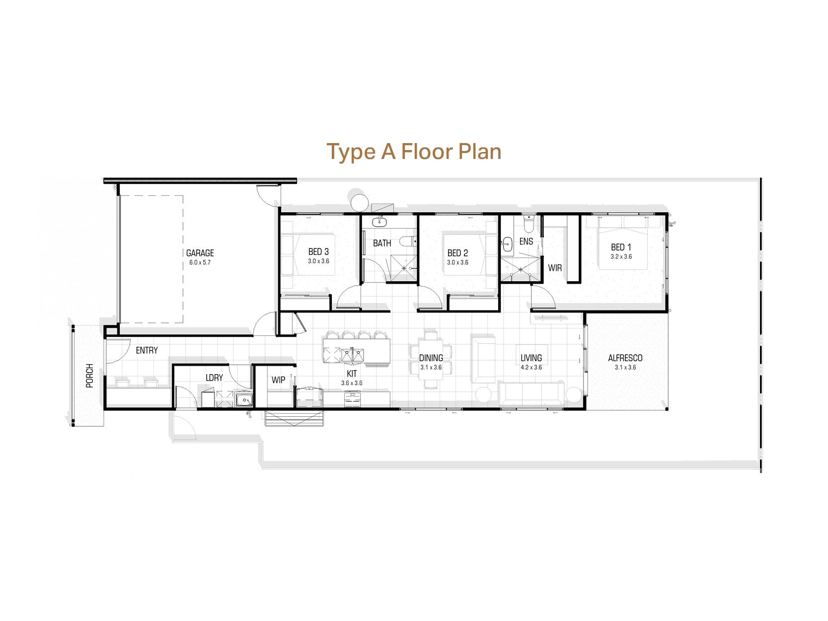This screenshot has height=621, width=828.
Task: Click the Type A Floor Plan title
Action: point(414,152)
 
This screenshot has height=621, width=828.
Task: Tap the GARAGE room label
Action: point(200,253)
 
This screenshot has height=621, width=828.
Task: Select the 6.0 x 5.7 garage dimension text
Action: point(200,262)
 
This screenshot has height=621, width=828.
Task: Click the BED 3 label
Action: point(318,252)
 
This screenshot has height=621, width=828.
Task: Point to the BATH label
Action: point(382,243)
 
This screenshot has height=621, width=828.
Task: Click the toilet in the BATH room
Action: point(409,242)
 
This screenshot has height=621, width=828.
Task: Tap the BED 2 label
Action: point(457,253)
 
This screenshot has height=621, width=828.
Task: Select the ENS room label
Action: point(526,241)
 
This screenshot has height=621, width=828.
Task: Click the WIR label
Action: point(555,268)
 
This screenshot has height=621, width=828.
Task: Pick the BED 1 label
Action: point(621,247)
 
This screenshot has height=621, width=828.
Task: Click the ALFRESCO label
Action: point(625,358)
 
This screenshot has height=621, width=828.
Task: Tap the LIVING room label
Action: point(531,358)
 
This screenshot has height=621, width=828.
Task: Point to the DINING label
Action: point(431,358)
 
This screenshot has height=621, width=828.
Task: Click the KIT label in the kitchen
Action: point(352,374)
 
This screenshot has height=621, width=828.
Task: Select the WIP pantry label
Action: point(278,380)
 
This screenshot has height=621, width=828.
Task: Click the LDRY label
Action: point(214,378)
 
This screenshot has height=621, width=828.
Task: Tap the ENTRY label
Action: point(147,350)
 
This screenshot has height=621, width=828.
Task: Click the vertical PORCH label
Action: point(89,376)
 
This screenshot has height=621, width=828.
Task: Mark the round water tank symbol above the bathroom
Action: point(360,202)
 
